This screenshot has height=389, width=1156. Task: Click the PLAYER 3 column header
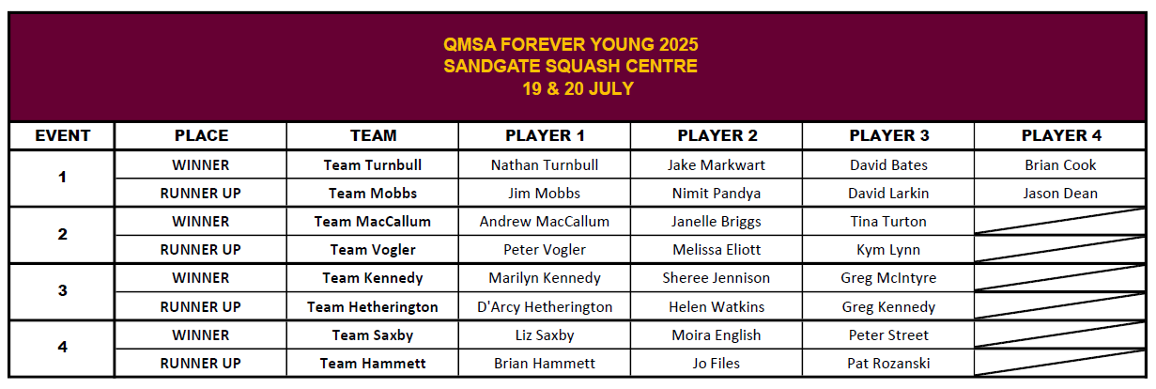[888, 135]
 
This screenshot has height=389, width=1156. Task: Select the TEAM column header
[373, 135]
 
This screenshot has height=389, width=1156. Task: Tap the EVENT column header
[62, 135]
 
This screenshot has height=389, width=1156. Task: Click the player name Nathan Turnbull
[545, 165]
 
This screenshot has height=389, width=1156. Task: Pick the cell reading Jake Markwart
[717, 165]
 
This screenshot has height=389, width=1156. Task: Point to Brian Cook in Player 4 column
[1060, 165]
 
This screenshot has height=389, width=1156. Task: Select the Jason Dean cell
[1060, 194]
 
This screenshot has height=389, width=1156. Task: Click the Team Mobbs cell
[373, 194]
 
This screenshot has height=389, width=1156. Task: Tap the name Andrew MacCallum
[545, 222]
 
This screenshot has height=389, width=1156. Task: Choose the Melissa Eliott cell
[717, 250]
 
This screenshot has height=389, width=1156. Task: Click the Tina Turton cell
[888, 222]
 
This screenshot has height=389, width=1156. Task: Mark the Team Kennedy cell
[373, 278]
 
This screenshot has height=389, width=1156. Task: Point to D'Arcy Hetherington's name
[545, 307]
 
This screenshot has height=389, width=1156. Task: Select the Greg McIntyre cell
[888, 278]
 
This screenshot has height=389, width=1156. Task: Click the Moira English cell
[717, 335]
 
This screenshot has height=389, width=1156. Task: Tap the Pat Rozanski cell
[888, 364]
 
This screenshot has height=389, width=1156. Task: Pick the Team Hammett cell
[373, 364]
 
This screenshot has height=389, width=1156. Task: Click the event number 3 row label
[62, 291]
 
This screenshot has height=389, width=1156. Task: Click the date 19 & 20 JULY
[578, 89]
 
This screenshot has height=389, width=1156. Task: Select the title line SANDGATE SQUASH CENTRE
[571, 67]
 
